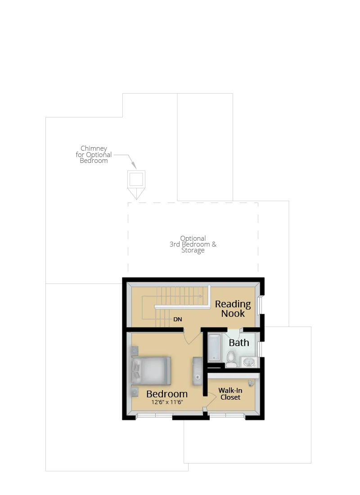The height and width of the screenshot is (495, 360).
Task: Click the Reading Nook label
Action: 233,309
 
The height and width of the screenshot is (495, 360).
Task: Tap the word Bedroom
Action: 167,394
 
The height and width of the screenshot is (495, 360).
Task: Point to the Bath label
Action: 239,342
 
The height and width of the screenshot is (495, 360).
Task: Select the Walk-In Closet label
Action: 230,394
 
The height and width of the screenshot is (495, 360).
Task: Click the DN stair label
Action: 178,319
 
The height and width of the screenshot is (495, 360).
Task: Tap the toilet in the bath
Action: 231,359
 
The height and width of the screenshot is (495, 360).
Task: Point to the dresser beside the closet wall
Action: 198,371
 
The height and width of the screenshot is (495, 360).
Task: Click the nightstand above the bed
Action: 135,350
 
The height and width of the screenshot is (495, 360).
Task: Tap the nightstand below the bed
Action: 135,391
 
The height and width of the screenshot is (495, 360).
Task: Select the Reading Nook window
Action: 260,305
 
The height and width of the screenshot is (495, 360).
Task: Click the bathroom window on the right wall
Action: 260,349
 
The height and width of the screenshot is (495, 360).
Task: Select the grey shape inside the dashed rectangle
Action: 194,245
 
